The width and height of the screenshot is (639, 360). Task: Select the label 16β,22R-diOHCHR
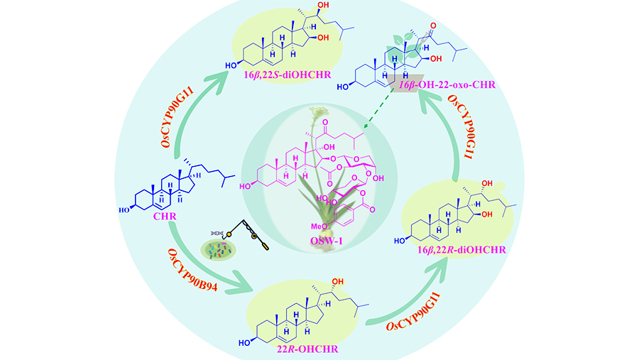pyautogui.click(x=471, y=249)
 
